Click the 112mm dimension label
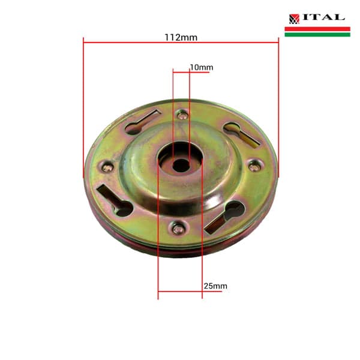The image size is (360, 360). (181, 37)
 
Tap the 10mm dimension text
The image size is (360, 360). (202, 67)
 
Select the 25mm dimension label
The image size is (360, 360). (215, 286)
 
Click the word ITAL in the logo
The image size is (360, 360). (323, 18)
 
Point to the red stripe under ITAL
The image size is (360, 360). (317, 28)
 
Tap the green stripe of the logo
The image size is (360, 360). (317, 34)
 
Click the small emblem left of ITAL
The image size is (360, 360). (294, 19)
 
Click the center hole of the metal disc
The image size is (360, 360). (181, 163)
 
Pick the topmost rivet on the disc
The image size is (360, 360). (182, 115)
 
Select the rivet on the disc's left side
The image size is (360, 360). (107, 167)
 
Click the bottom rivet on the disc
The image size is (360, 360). (178, 227)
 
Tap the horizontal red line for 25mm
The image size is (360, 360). (180, 292)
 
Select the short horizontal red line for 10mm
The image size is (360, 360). (181, 71)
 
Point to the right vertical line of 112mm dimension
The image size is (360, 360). (278, 108)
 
